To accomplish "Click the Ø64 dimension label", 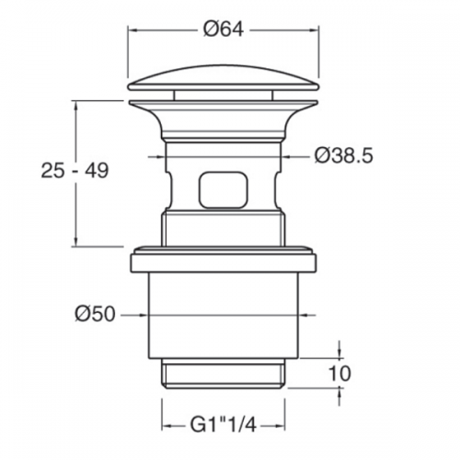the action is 224,30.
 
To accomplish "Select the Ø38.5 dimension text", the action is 344,156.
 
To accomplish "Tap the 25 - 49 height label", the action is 75,170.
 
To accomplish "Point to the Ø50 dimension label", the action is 95,315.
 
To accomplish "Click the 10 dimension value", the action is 339,374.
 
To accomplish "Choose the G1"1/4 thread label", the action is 223,425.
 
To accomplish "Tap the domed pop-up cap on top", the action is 224,78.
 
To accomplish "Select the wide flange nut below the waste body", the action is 224,260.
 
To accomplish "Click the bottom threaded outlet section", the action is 223,374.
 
